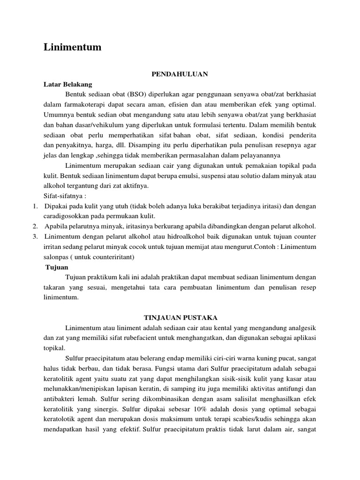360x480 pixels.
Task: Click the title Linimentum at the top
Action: (x=72, y=47)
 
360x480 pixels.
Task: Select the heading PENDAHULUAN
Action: (x=180, y=74)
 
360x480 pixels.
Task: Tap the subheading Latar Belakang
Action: (x=68, y=84)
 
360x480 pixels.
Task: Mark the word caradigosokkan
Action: (x=67, y=217)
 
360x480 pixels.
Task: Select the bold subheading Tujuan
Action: (x=57, y=267)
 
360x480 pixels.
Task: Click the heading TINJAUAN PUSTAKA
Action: (x=180, y=317)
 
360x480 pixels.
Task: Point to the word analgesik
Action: (x=299, y=327)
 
